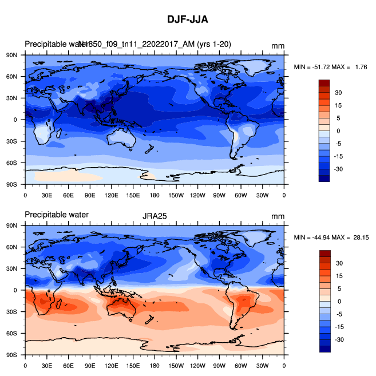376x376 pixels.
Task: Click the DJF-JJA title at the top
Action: pos(188,19)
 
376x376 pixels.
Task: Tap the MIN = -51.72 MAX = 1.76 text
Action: pos(330,67)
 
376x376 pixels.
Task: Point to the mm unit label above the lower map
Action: pos(278,216)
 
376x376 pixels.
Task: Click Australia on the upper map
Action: pos(122,136)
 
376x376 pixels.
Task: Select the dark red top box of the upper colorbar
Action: pos(324,84)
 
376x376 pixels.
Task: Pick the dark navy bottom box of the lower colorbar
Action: pos(324,349)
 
